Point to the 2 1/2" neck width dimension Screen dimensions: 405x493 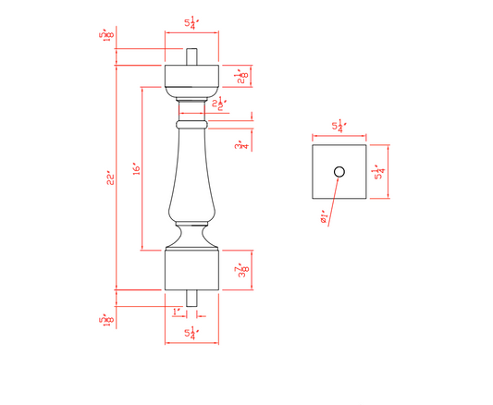219,104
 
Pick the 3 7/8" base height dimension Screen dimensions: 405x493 241,270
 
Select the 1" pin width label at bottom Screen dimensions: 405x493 176,311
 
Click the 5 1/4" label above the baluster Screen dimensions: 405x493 191,24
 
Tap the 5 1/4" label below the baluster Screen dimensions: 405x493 191,334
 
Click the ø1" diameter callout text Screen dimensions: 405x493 325,217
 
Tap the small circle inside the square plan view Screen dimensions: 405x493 339,171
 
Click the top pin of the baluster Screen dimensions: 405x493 191,56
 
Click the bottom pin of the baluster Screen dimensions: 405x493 191,298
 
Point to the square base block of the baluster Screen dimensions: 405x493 191,269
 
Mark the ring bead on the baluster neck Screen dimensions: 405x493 191,123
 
